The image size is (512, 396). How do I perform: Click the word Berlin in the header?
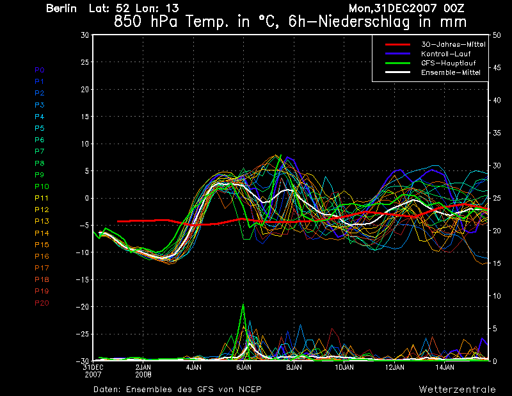click(x=61, y=9)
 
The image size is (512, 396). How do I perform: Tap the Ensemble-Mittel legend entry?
click(x=450, y=72)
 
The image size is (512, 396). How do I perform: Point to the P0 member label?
click(x=40, y=70)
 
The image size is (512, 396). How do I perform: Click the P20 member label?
click(x=42, y=302)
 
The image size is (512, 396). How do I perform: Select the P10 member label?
click(x=42, y=186)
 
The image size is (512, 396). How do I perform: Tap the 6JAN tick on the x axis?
click(x=243, y=368)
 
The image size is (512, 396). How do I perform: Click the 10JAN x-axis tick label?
click(x=344, y=368)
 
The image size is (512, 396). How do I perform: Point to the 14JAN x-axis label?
click(x=445, y=368)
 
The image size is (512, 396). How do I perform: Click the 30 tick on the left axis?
click(x=84, y=35)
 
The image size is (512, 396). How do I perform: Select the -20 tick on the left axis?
click(x=82, y=307)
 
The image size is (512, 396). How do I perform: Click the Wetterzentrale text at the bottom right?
click(x=458, y=389)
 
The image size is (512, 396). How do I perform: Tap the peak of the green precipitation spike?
click(x=243, y=304)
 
